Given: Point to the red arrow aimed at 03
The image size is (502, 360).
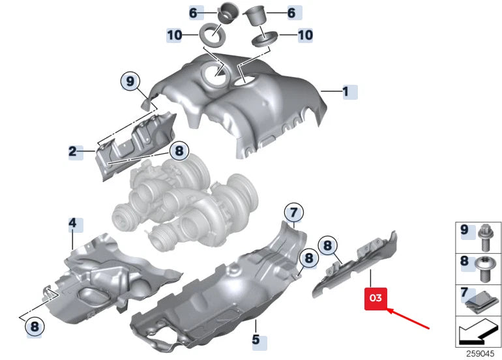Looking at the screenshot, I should coord(410,317).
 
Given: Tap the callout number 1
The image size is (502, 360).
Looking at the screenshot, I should coord(347,91).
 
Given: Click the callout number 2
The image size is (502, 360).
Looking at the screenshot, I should coord(73,153).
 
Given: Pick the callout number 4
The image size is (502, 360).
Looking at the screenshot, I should coord(73,224).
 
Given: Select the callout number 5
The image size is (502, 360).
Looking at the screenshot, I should coord(256,340).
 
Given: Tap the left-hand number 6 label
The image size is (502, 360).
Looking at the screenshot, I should coord(193,12).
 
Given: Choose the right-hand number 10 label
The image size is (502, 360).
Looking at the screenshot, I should coord(305,35).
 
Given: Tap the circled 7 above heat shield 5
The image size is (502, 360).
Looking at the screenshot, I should coord(293,211).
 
